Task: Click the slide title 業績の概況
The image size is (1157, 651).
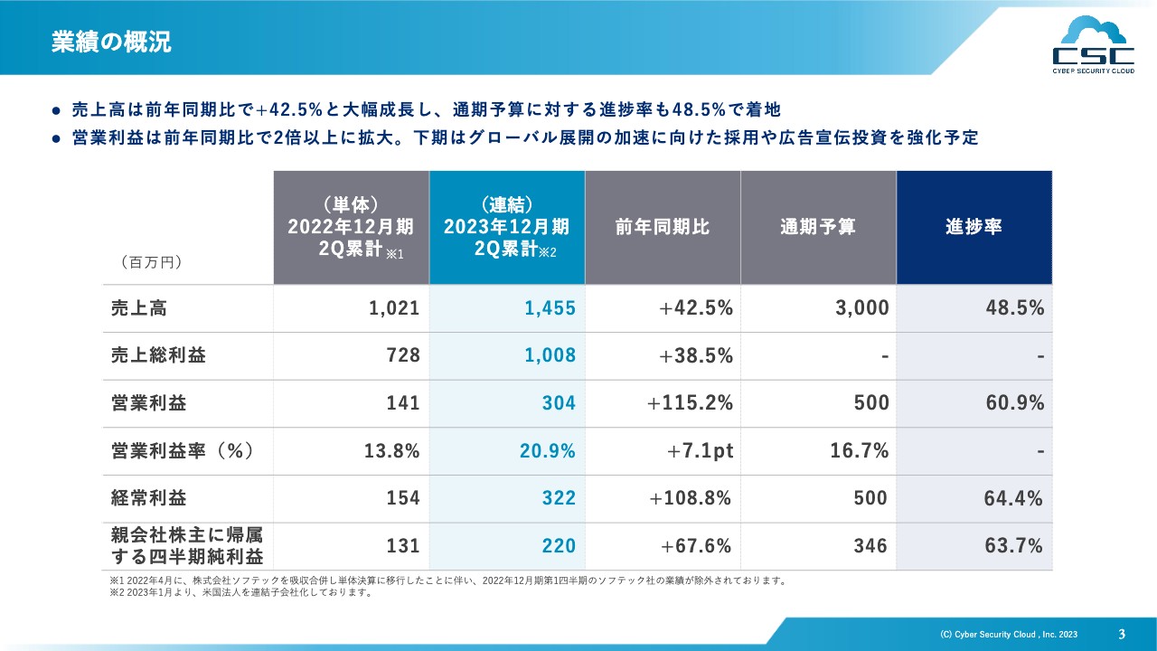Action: coord(111,42)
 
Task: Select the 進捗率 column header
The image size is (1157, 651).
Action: coord(974,227)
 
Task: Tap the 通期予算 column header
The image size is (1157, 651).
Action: coord(818,227)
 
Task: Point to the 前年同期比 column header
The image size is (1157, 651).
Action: coord(663,227)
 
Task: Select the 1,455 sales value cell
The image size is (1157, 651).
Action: coord(550,308)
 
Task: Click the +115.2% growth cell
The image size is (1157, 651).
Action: coord(690,403)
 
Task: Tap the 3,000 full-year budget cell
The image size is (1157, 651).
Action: coord(861,308)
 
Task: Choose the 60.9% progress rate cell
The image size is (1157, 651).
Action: coord(1014,403)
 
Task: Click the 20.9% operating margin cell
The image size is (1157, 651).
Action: coord(547,451)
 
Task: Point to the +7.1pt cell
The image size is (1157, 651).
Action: coord(700,451)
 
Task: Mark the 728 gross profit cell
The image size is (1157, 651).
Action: coord(404,356)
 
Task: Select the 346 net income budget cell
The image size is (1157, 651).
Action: coord(870,546)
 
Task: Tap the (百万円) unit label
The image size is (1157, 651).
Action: coord(152,263)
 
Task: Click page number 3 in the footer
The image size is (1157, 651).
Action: coord(1122,634)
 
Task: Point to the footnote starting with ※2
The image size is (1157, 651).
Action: coord(239,593)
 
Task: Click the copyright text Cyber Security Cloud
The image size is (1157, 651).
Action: coord(1009,635)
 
